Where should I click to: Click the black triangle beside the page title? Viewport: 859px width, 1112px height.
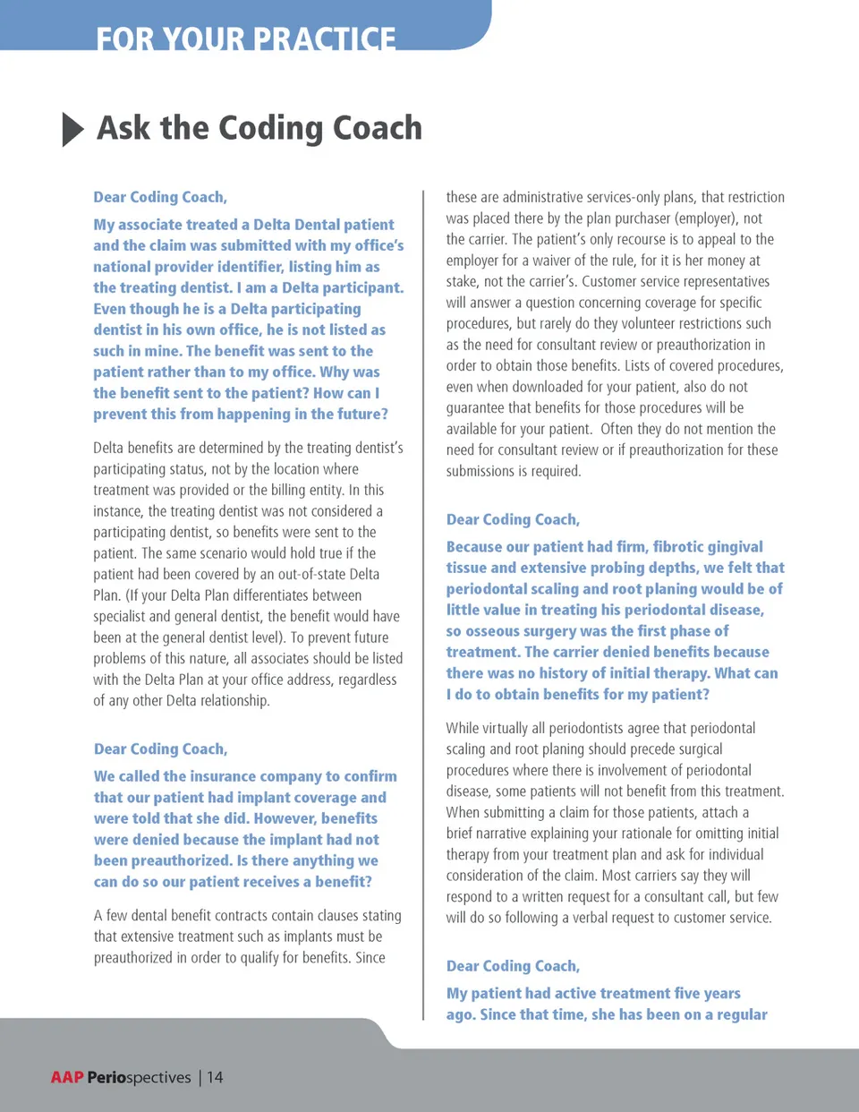(x=72, y=130)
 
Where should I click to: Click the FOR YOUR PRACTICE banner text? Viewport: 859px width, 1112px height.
(x=245, y=38)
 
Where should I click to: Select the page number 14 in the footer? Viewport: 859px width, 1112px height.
(x=215, y=1077)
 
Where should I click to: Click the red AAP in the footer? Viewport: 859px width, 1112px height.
(x=67, y=1077)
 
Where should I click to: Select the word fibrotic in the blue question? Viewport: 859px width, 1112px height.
(x=679, y=547)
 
